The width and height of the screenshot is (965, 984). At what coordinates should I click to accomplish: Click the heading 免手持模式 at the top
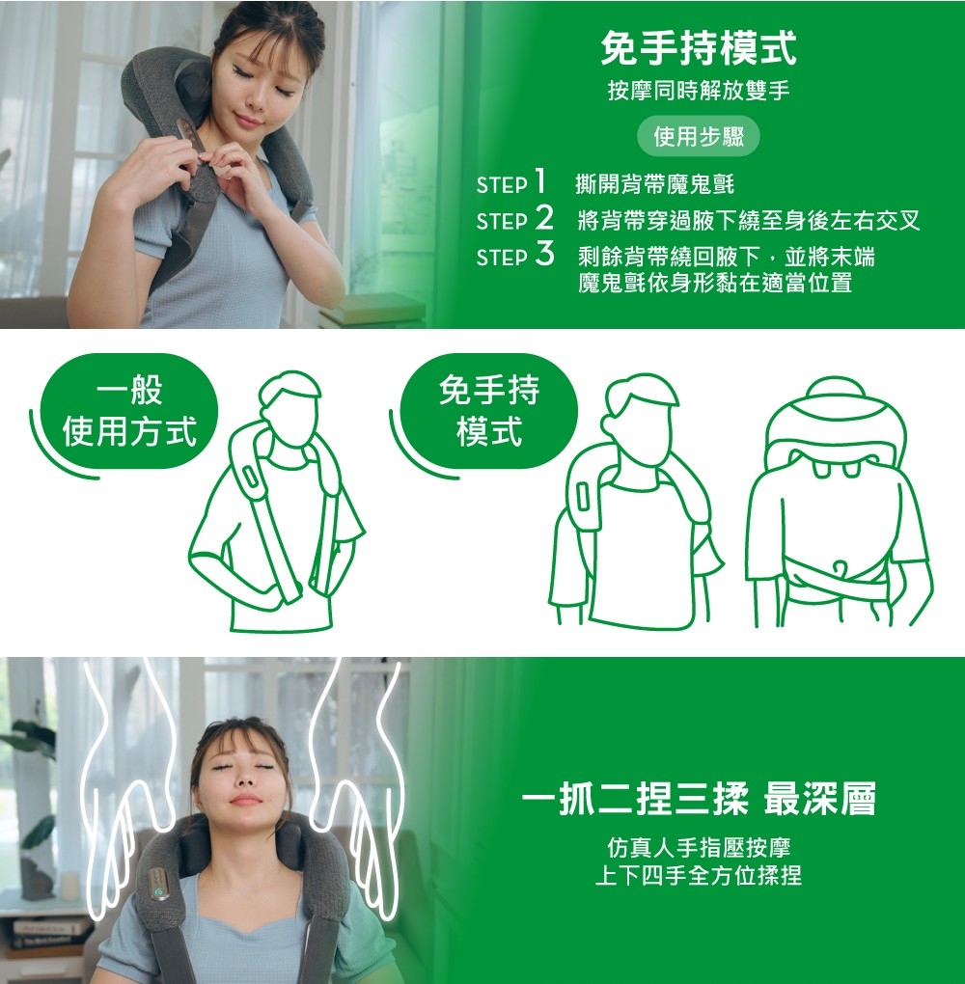pos(699,45)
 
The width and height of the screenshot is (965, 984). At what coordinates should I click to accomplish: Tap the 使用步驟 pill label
pos(699,137)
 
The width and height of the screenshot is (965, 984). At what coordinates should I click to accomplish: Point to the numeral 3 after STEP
pos(544,255)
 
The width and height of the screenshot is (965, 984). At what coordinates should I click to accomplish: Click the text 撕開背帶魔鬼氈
pos(654,183)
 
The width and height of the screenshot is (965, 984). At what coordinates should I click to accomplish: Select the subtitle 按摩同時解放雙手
pos(699,91)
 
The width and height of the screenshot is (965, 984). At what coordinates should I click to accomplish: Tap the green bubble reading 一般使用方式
pos(128,412)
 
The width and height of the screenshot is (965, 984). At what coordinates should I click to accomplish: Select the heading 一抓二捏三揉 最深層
pos(698,800)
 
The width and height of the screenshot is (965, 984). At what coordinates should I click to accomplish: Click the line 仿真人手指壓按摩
pos(698,848)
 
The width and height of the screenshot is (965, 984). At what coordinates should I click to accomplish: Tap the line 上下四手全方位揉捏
pos(698,876)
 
